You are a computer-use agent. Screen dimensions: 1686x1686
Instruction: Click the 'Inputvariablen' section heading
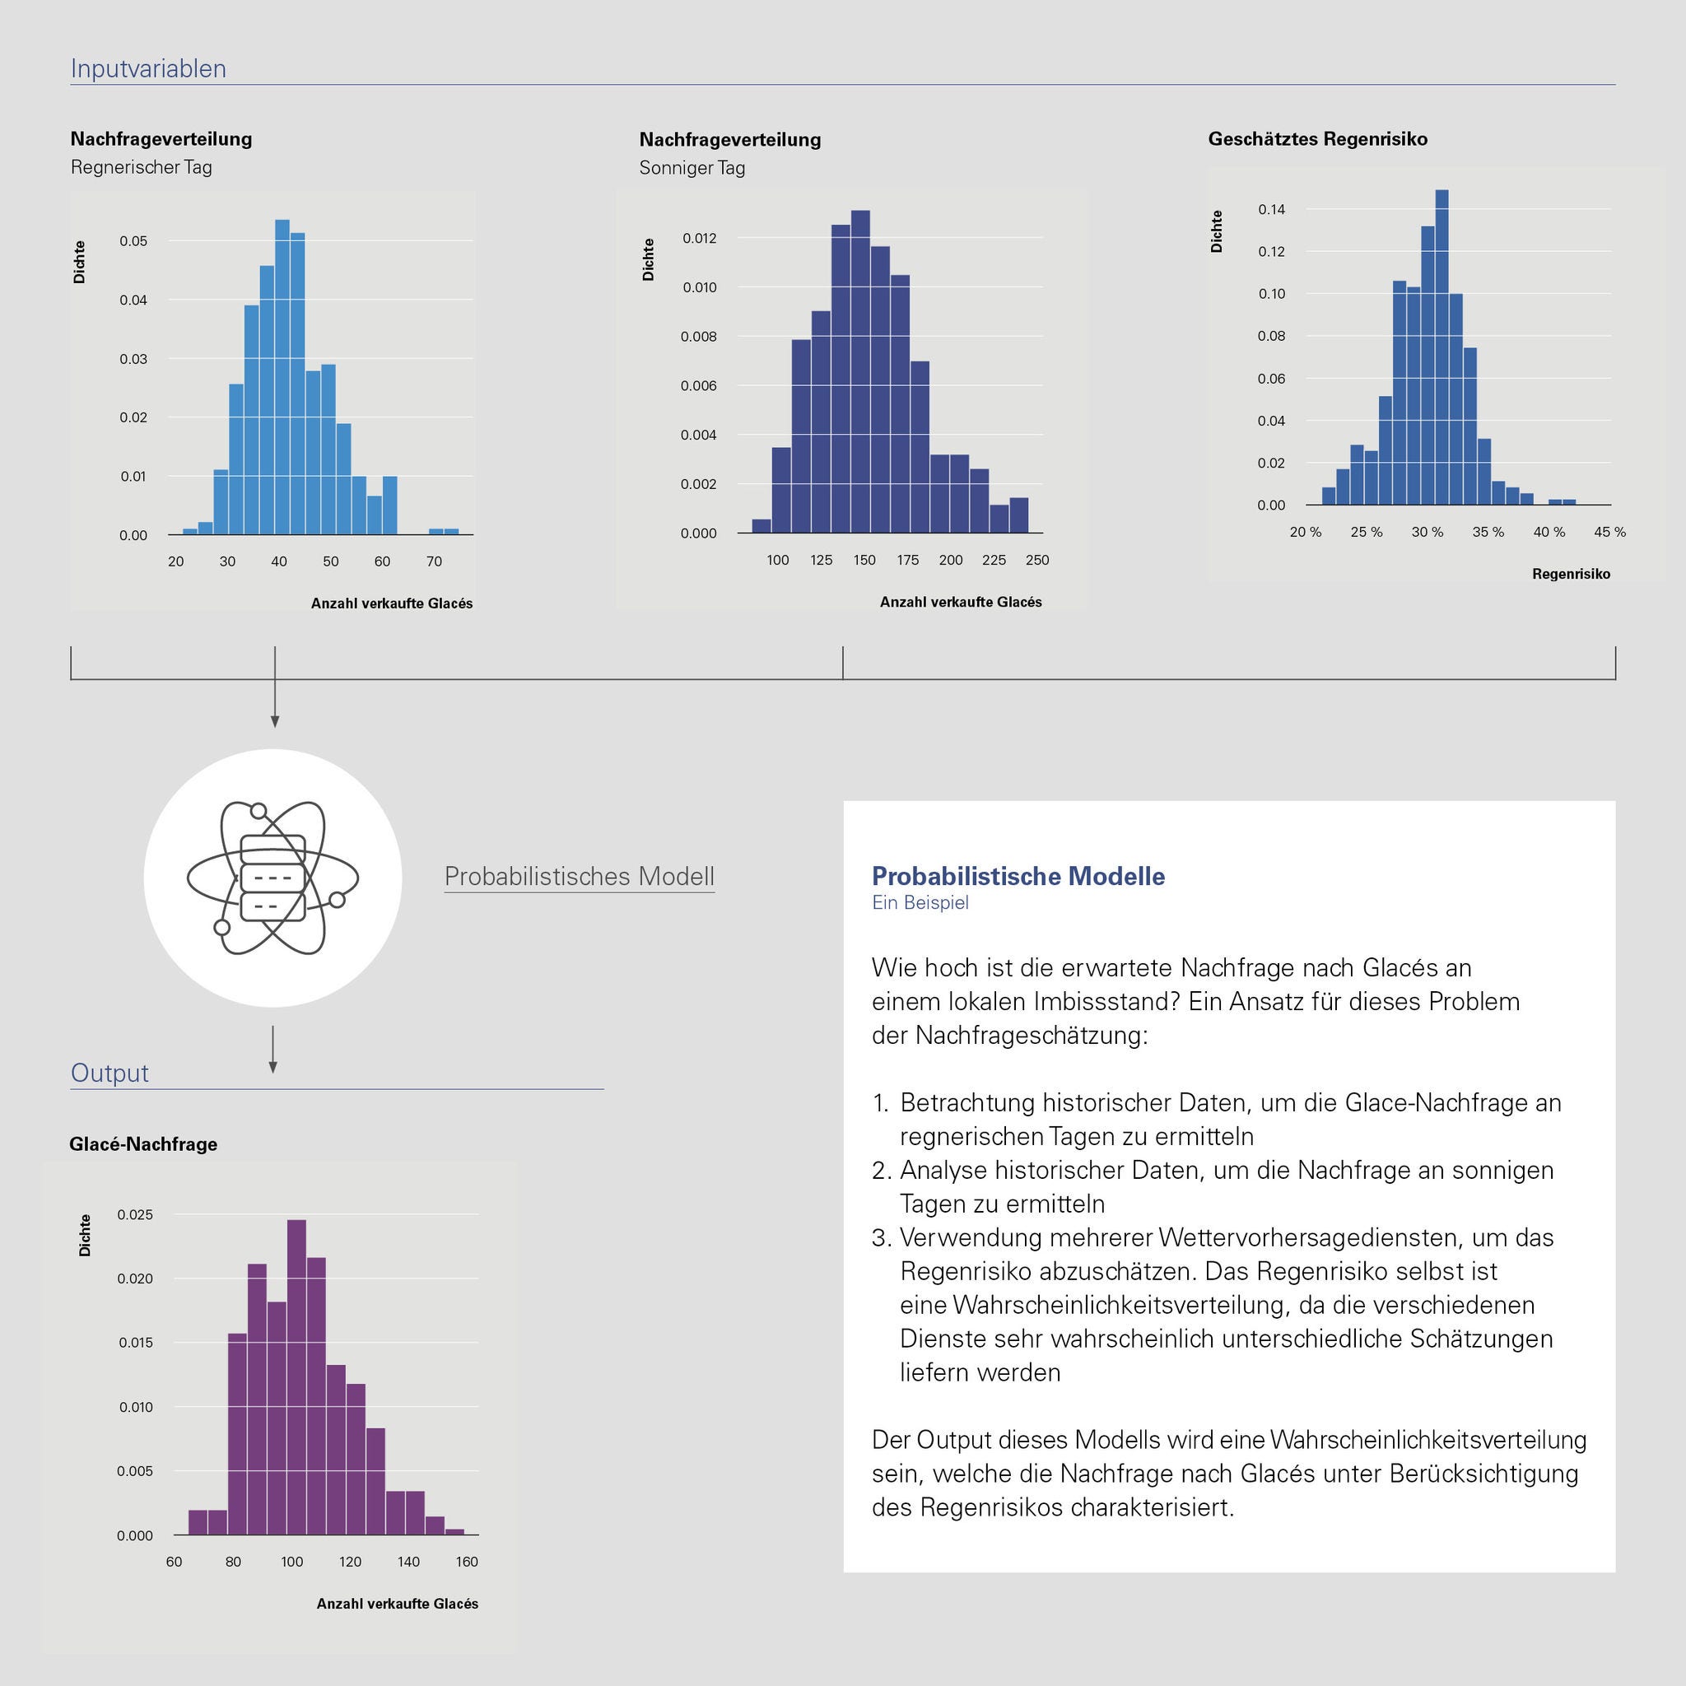[x=148, y=68]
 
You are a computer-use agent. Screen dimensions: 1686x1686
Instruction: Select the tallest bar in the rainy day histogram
[x=282, y=375]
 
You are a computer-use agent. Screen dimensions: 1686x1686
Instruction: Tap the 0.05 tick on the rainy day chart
[x=133, y=241]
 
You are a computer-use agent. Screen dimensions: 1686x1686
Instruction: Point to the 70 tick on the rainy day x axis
[x=434, y=562]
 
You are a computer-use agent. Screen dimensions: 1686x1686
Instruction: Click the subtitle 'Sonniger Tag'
[x=692, y=168]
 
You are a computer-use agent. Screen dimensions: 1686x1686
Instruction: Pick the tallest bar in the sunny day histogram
[x=860, y=371]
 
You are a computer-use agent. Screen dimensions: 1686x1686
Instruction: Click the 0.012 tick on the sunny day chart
[x=699, y=238]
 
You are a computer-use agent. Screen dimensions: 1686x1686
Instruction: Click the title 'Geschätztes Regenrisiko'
[x=1318, y=139]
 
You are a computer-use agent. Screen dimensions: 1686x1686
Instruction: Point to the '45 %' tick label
[x=1609, y=533]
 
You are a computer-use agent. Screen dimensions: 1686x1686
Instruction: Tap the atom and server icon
[x=273, y=878]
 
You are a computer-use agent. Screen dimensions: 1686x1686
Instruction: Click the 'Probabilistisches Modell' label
[x=580, y=876]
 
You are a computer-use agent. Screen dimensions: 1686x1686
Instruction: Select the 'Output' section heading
[x=110, y=1073]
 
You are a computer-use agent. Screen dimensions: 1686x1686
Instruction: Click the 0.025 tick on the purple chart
[x=135, y=1215]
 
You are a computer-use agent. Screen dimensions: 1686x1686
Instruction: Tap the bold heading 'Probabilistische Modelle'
[x=1018, y=876]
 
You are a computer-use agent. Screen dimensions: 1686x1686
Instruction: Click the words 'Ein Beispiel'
[x=920, y=903]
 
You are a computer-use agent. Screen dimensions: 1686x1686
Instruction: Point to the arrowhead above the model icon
[x=275, y=722]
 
